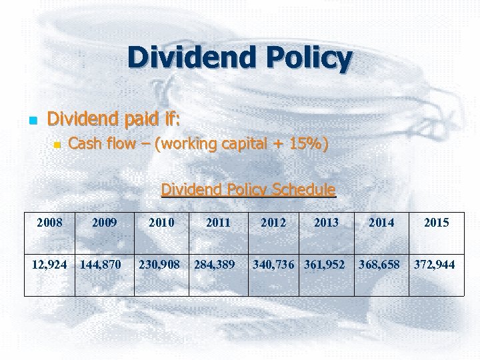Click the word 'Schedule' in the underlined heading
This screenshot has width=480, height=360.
pos(299,190)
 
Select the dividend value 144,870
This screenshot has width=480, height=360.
pos(101,265)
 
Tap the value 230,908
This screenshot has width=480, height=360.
pos(159,265)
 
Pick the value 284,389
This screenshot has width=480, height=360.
pos(214,265)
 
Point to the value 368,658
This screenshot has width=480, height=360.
pos(379,265)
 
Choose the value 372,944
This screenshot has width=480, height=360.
pos(435,265)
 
